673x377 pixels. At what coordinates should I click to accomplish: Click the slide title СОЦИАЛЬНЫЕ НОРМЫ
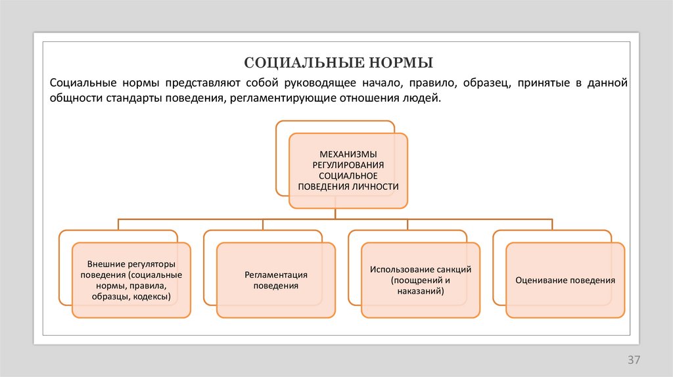[x=338, y=63]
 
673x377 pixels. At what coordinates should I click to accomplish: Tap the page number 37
[x=634, y=360]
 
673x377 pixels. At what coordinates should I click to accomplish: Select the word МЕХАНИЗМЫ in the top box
[x=348, y=153]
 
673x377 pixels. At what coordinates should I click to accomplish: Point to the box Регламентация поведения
[x=276, y=280]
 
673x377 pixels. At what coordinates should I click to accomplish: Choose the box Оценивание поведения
[x=565, y=280]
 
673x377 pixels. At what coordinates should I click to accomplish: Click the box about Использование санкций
[x=421, y=280]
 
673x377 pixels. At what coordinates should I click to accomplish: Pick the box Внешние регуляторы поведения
[x=131, y=280]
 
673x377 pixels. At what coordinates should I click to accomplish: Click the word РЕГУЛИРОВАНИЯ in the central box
[x=348, y=164]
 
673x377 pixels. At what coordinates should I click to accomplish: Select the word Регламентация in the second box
[x=276, y=275]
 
